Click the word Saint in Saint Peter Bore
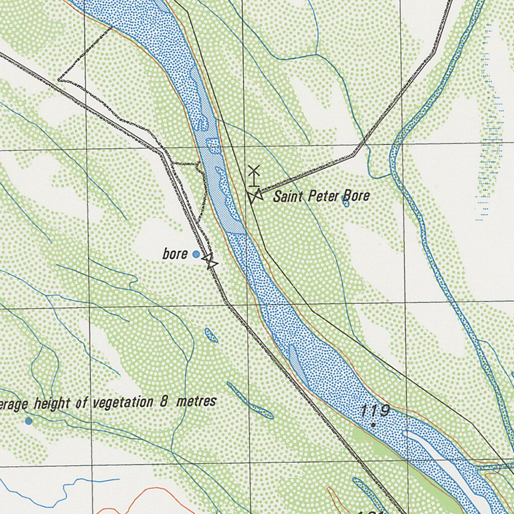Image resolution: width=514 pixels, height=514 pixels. (288, 196)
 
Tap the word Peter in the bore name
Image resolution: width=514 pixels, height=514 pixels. (321, 196)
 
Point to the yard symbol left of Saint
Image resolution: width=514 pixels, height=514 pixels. (254, 196)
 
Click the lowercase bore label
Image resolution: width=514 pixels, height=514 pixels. (175, 254)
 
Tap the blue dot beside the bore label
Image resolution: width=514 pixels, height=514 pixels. (196, 255)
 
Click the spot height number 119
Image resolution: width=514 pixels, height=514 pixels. (375, 411)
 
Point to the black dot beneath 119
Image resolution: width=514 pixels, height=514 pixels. (373, 425)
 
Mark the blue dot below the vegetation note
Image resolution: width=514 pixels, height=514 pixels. (29, 421)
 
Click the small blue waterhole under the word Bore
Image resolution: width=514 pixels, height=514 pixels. (345, 202)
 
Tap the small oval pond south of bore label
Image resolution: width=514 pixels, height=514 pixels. (211, 335)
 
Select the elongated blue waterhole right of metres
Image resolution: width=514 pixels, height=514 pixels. (249, 401)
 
